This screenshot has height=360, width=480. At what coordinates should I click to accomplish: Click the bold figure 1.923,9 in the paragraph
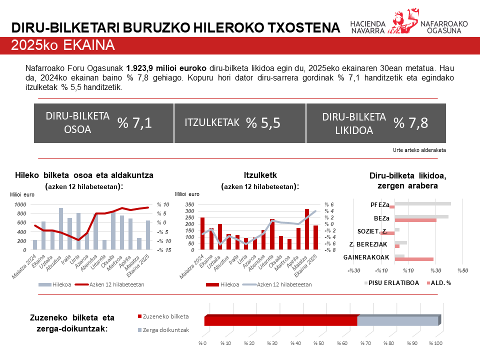pyautogui.click(x=142, y=68)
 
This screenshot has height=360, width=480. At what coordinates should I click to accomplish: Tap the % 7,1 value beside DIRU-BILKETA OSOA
pyautogui.click(x=134, y=123)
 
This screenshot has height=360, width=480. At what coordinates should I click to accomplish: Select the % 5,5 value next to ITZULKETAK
pyautogui.click(x=262, y=123)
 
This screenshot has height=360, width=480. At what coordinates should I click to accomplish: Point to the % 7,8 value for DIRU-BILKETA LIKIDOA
pyautogui.click(x=410, y=123)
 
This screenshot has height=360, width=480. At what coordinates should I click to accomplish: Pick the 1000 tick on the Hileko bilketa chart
pyautogui.click(x=21, y=204)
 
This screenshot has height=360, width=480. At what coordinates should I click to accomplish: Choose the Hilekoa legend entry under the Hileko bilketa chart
pyautogui.click(x=62, y=284)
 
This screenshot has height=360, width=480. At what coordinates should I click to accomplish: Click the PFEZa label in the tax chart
pyautogui.click(x=379, y=204)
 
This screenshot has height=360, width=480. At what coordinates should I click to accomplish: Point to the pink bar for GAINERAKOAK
pyautogui.click(x=414, y=259)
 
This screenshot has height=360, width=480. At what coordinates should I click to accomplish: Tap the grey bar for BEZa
pyautogui.click(x=421, y=217)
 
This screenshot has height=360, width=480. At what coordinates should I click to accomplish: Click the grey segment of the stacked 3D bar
pyautogui.click(x=397, y=320)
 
